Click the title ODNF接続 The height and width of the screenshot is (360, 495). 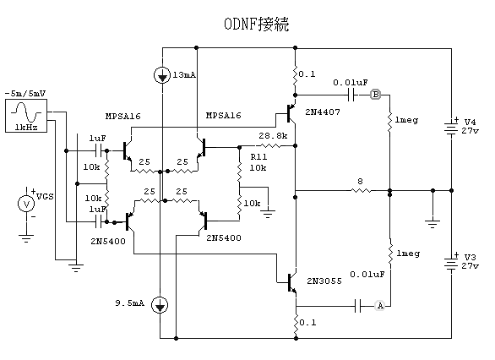(x=256, y=24)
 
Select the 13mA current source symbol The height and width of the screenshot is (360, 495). (x=162, y=76)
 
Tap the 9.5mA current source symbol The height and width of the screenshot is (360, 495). (x=160, y=305)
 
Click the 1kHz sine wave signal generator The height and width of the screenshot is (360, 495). (x=26, y=116)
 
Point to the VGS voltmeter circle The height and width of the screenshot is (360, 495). (x=26, y=204)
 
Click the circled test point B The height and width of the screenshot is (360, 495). (x=375, y=95)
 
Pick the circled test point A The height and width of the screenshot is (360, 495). (x=380, y=306)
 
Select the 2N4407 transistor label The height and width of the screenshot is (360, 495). (x=323, y=112)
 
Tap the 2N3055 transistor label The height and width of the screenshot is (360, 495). (x=324, y=281)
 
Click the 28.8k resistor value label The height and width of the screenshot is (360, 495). (x=273, y=136)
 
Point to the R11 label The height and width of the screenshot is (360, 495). (x=258, y=156)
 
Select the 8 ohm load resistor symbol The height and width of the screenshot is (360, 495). (x=360, y=190)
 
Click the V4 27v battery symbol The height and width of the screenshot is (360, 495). (x=451, y=128)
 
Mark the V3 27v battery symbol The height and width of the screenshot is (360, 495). (x=451, y=263)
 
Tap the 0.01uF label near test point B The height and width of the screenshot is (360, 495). (x=351, y=83)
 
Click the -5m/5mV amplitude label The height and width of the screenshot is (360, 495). (x=25, y=94)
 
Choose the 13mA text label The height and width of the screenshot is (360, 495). (x=184, y=75)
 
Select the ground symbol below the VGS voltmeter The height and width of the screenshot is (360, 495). (x=26, y=238)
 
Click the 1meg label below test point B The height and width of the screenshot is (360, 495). (x=406, y=120)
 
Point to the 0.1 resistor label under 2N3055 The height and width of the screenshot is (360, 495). (x=307, y=323)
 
